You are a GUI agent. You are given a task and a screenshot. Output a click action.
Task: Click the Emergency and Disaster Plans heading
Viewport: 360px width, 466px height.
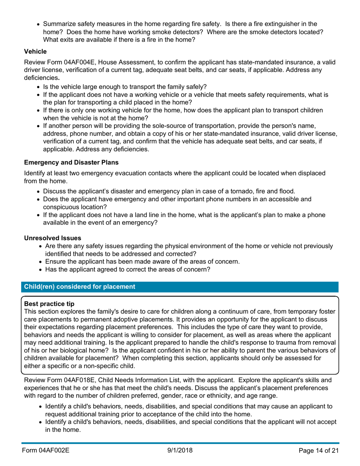click(x=71, y=163)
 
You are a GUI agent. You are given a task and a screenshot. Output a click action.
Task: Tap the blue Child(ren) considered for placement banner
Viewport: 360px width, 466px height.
click(x=80, y=287)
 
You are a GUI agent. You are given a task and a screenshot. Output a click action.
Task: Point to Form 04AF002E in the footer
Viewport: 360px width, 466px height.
click(x=46, y=450)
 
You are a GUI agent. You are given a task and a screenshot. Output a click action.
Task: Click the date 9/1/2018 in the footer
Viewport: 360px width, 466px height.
click(x=180, y=450)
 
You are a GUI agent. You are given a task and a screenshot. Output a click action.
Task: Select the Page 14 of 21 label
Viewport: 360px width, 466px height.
click(x=318, y=450)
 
